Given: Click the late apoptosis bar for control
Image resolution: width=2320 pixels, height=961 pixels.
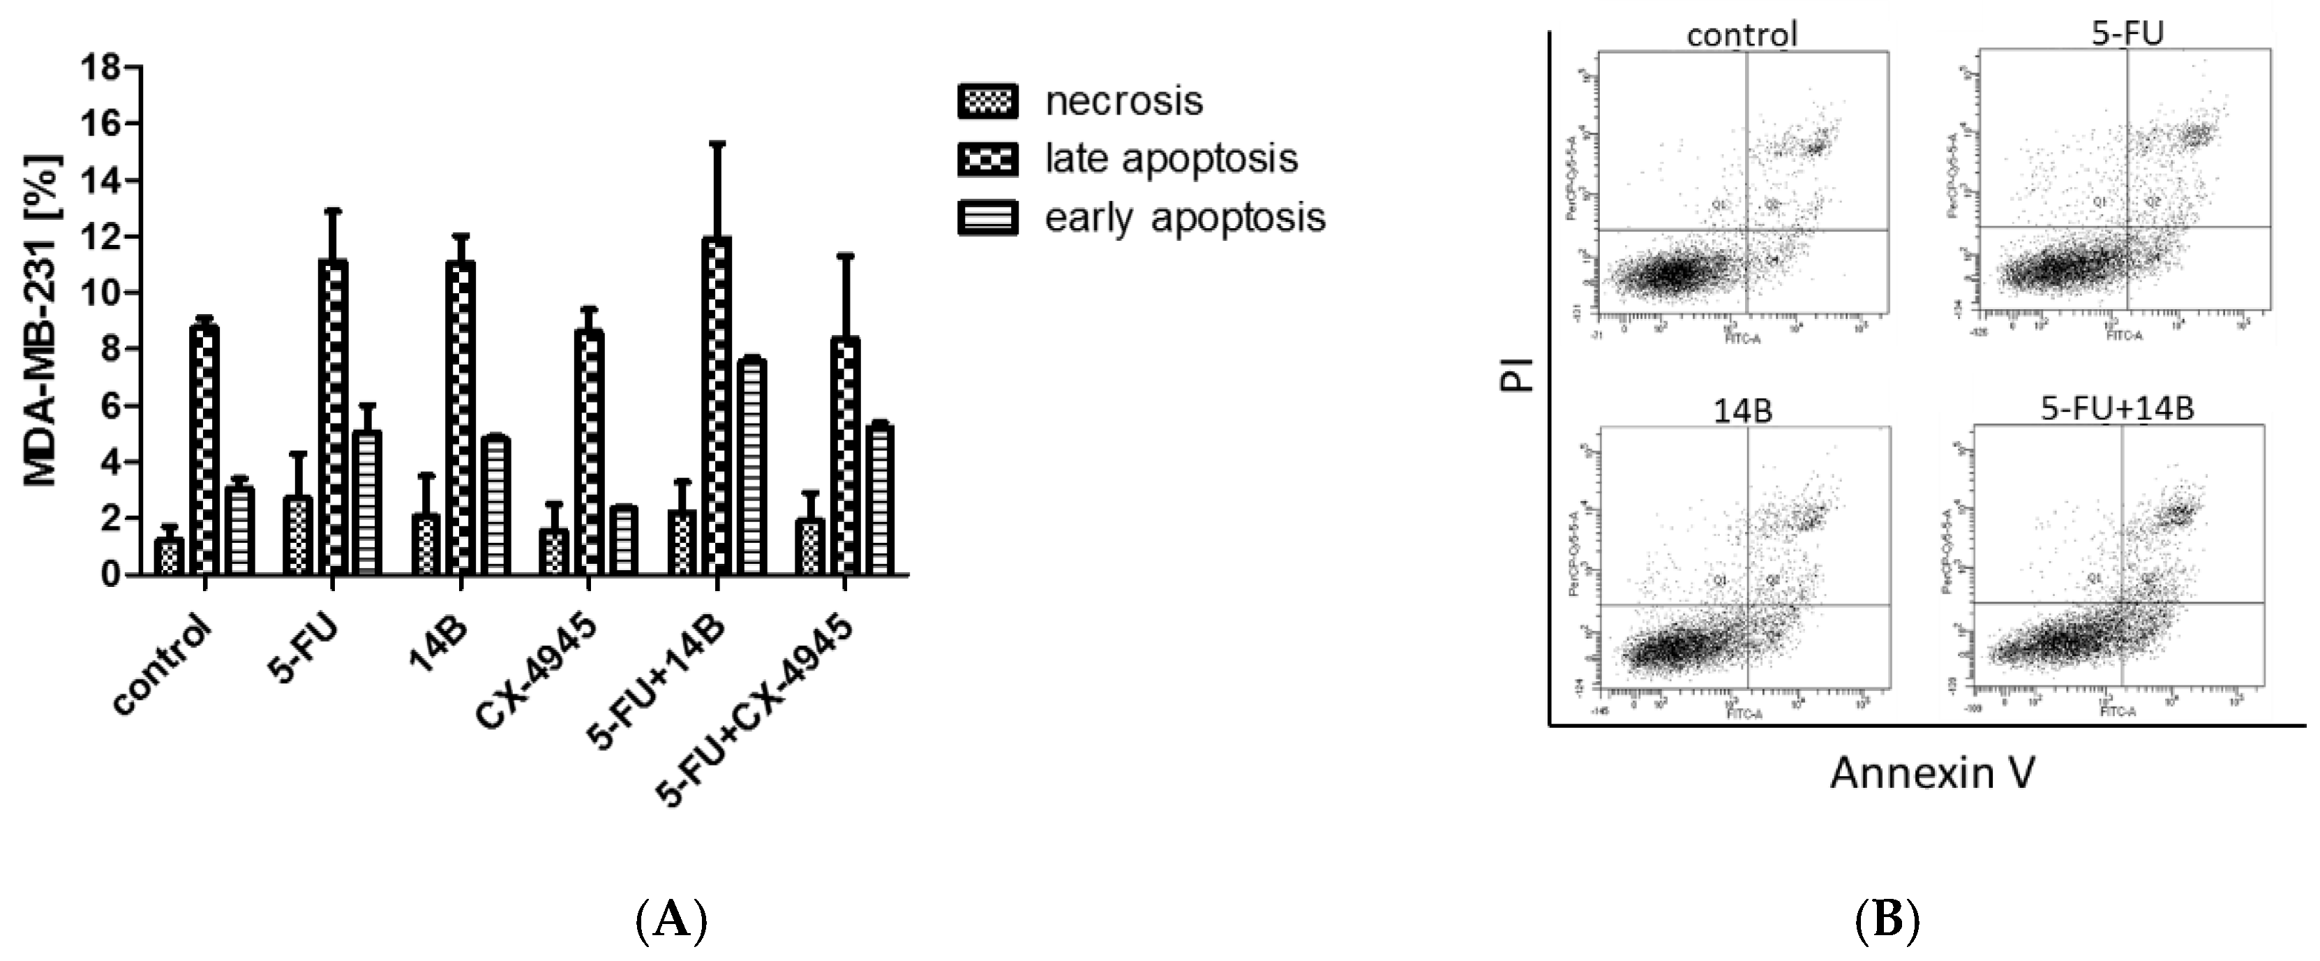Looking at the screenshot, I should [205, 450].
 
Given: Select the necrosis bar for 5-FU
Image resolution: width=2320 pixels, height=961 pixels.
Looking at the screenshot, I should [297, 535].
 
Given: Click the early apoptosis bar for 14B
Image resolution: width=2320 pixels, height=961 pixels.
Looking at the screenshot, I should [496, 505].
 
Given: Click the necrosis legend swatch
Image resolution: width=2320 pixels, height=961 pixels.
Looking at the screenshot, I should [987, 101].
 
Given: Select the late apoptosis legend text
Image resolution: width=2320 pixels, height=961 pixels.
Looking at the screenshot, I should [1171, 158].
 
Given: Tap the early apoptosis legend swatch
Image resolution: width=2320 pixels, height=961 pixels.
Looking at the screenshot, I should [987, 218].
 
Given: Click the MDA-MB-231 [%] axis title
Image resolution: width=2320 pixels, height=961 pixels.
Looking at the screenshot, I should [40, 320].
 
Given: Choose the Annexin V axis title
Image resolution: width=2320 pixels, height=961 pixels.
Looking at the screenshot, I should [1932, 773].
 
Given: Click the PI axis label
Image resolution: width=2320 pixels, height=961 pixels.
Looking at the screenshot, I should [1518, 374].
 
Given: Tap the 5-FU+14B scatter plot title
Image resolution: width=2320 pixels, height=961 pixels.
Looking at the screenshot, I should [2116, 409].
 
